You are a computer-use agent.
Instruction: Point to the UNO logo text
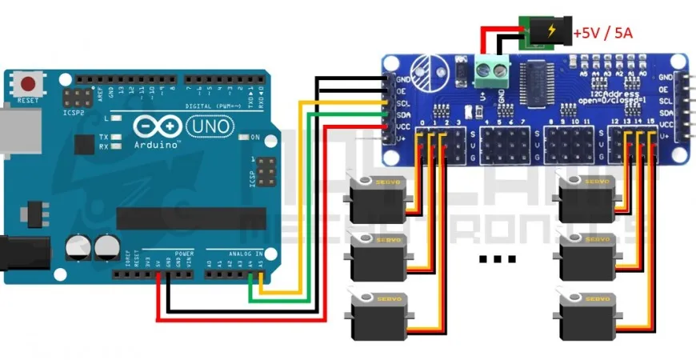coord(210,126)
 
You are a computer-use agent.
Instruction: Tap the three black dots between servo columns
coord(497,258)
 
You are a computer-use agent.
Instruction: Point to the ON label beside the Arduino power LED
coord(256,138)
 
